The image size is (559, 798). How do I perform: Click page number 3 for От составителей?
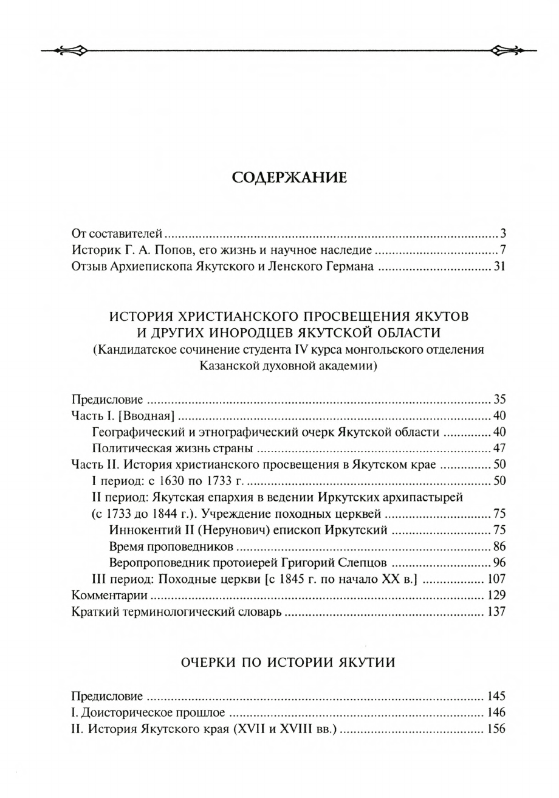[503, 233]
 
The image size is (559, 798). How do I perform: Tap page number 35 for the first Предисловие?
[499, 399]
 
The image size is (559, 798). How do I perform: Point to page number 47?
[499, 449]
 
